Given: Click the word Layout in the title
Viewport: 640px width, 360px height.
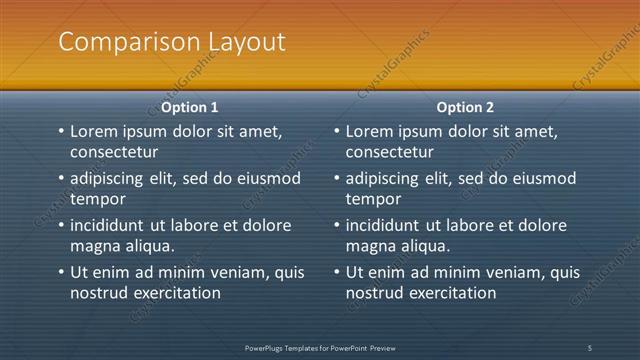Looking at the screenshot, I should [243, 42].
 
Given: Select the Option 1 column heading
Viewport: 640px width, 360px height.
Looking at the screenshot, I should [190, 107].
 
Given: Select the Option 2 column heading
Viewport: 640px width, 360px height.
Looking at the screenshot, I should [465, 107].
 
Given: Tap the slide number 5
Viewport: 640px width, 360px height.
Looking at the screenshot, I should [590, 347].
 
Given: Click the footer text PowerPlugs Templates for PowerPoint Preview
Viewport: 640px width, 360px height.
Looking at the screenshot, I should [320, 347].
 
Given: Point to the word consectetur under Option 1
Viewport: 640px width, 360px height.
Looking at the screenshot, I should [114, 152].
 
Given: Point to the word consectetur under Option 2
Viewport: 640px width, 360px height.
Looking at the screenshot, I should [390, 152].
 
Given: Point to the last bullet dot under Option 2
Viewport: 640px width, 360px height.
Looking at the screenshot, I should [336, 271].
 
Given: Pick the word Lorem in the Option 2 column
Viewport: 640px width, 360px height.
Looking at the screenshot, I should [369, 132].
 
